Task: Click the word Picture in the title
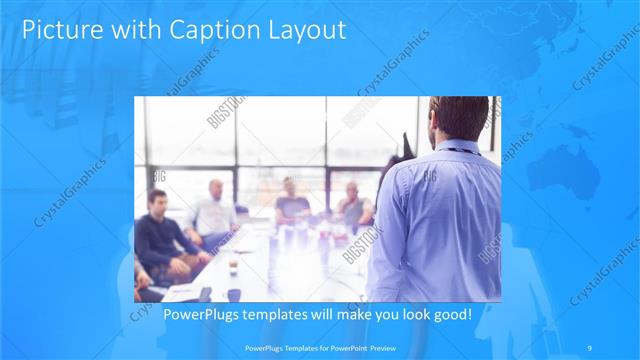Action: [x=59, y=31]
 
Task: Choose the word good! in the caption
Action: [x=450, y=315]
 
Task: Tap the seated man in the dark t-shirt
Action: [x=292, y=205]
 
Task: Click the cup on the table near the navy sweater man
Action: [x=232, y=265]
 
